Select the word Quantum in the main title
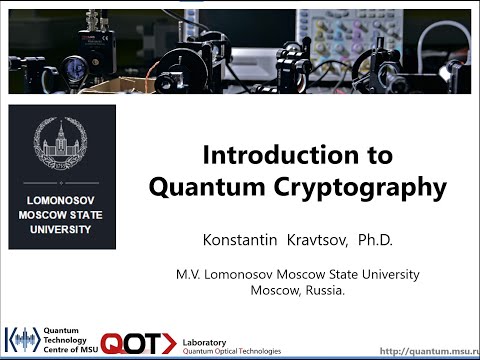point(227,187)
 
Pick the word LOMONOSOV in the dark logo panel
point(61,200)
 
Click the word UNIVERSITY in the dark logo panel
point(61,228)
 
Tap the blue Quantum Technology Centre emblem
point(23,340)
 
